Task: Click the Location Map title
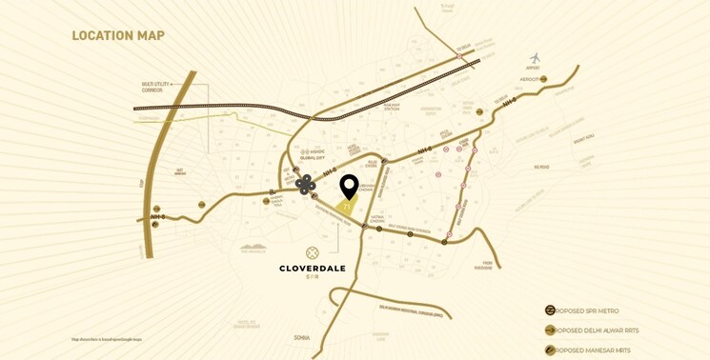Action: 118,36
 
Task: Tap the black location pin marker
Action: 349,186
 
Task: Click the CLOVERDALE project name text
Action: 313,268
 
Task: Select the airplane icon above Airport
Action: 535,58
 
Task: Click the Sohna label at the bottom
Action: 301,338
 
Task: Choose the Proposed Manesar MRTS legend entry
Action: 587,350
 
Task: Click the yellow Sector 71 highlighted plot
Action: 347,206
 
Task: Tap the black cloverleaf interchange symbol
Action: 305,185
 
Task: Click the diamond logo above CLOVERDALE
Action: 313,252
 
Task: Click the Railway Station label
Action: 391,107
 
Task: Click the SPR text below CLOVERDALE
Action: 313,278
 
